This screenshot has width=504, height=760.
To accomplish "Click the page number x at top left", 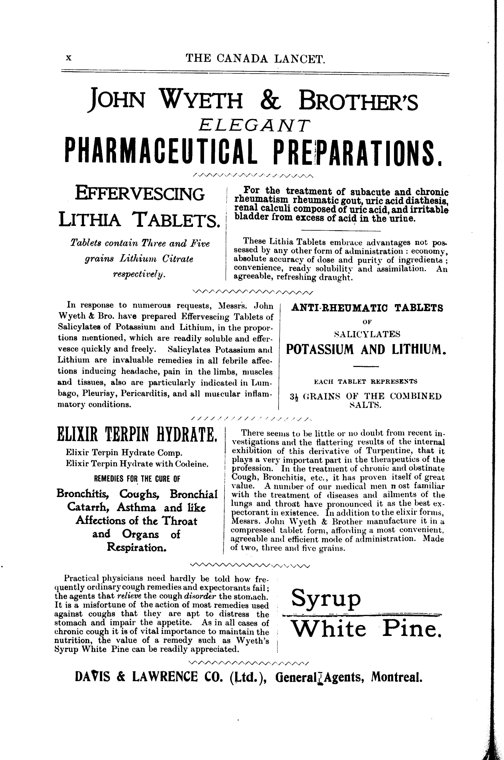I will coord(68,58).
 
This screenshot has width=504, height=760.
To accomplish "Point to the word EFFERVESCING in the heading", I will coord(140,194).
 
